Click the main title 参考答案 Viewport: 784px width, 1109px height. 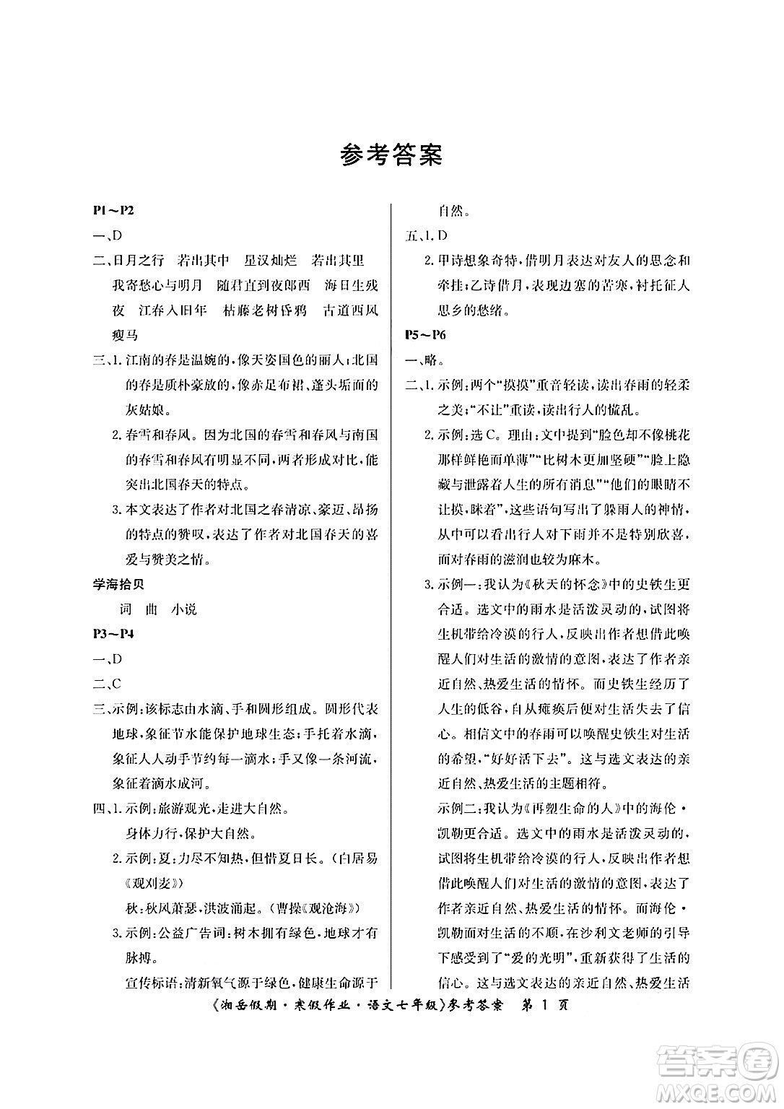[391, 155]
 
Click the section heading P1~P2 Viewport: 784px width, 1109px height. [114, 211]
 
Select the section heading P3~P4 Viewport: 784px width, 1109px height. [114, 634]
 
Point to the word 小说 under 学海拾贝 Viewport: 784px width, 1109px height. [184, 609]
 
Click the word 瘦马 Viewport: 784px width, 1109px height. [126, 335]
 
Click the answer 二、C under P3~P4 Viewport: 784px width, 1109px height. [107, 684]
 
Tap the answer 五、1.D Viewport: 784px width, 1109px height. [426, 235]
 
